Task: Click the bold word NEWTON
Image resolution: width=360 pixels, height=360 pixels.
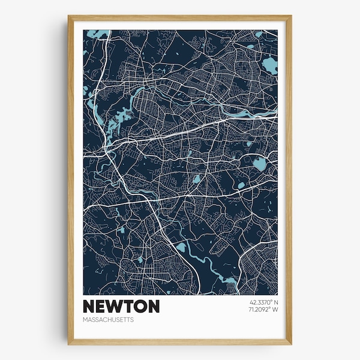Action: point(122,307)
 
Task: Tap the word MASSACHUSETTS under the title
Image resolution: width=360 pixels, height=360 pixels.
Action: point(109,320)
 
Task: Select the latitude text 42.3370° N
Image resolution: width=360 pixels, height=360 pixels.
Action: point(262,302)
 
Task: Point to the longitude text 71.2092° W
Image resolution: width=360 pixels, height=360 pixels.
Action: point(262,310)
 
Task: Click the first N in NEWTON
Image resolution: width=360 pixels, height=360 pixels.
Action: point(90,307)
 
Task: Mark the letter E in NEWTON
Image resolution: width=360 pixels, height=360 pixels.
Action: point(103,307)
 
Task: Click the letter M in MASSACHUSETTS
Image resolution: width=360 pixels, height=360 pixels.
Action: point(86,320)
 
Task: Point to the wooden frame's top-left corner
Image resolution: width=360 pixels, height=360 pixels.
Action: point(69,17)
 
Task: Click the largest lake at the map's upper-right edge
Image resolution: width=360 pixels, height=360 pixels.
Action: point(269,65)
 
